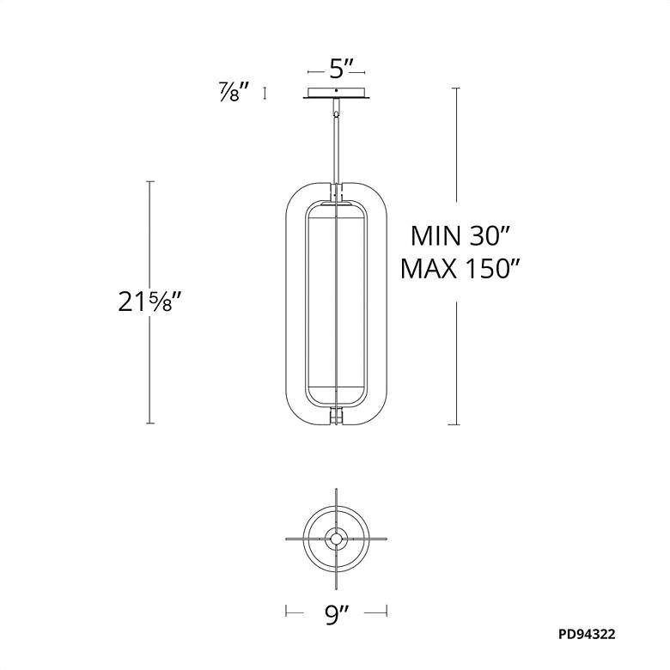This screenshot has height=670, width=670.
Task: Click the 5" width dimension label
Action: tap(341, 69)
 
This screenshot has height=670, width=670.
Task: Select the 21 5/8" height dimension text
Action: tap(150, 301)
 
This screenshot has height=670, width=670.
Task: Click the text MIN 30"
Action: tap(460, 235)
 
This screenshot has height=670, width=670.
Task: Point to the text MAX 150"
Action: tap(460, 269)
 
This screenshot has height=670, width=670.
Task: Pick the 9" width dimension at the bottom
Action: tap(337, 615)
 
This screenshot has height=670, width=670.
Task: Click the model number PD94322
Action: tap(587, 634)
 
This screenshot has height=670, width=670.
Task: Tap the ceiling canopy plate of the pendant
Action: tap(337, 93)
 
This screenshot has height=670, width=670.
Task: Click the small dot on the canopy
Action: tap(337, 90)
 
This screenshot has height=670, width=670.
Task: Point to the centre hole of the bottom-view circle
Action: tap(336, 539)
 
